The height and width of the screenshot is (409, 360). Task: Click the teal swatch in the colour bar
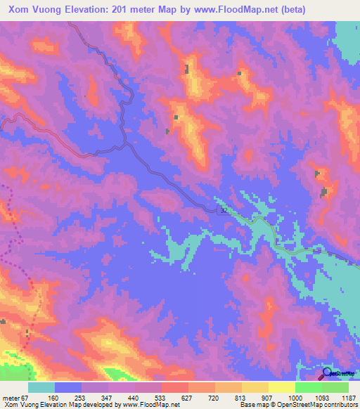tap(41, 387)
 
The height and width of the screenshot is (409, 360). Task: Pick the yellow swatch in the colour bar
tap(281, 387)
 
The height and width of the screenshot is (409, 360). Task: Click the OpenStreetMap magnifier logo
tap(328, 373)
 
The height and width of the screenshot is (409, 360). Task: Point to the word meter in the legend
tap(11, 397)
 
